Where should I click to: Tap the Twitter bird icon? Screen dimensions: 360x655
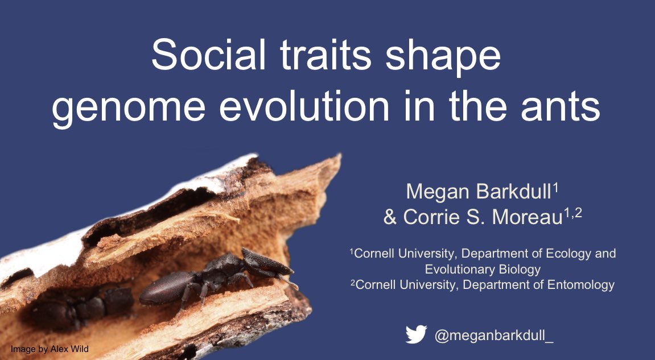pos(416,335)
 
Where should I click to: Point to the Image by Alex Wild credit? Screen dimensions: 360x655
pos(50,349)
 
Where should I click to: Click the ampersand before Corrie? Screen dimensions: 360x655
pos(390,218)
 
